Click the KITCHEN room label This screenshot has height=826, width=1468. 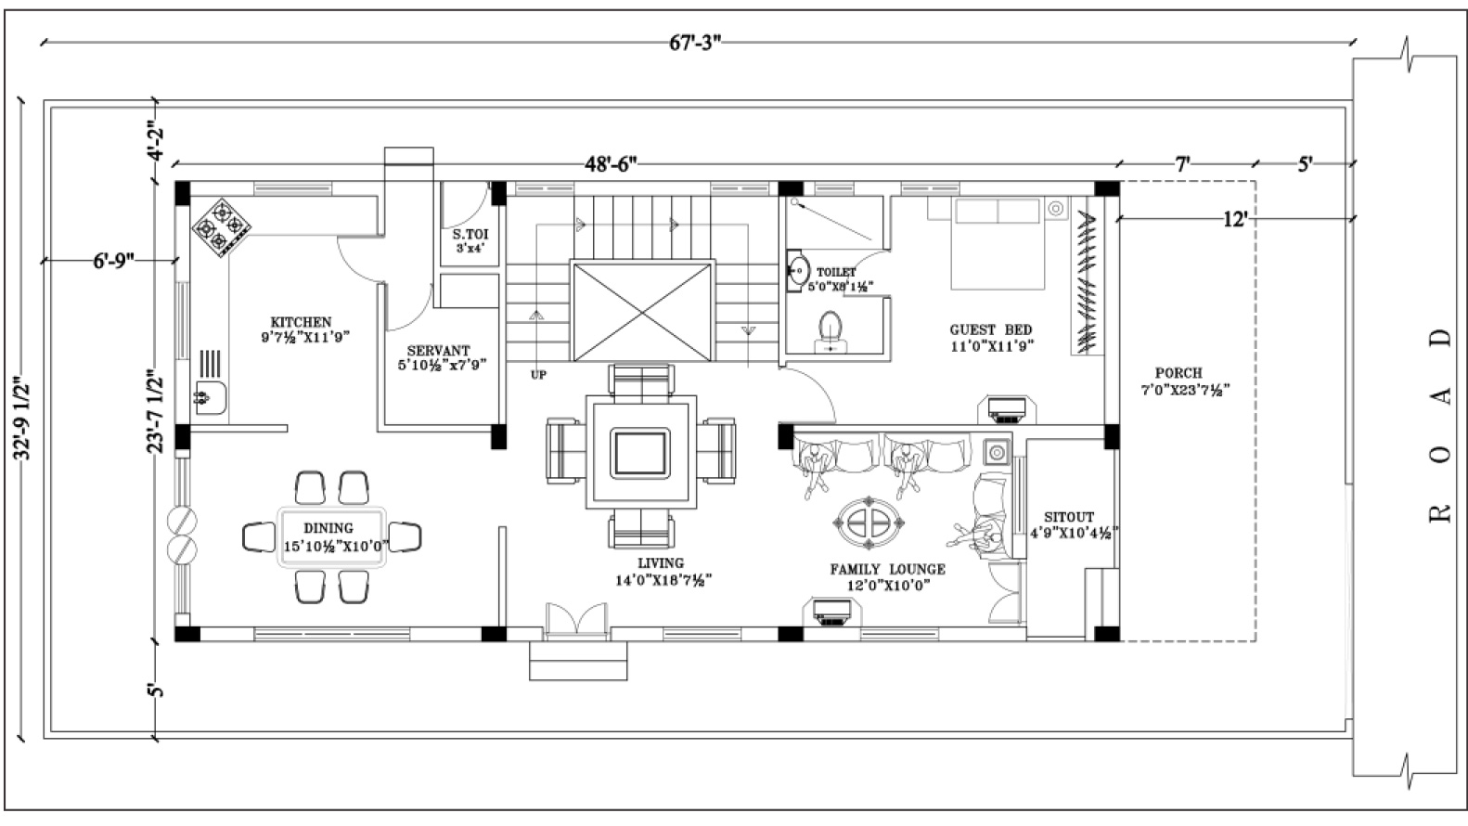coord(301,322)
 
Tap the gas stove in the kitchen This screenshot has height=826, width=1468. coord(222,227)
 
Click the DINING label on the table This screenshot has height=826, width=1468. coord(328,528)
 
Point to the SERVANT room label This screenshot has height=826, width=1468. coord(438,351)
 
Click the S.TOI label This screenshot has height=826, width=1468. coord(470,234)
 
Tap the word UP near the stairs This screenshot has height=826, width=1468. coord(538,375)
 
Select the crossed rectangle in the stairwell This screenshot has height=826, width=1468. coord(641,312)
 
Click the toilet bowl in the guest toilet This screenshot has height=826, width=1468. coord(831,331)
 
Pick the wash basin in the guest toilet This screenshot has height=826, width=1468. coord(797,269)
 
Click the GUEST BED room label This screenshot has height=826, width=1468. coord(991,329)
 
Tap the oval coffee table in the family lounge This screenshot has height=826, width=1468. coord(869,523)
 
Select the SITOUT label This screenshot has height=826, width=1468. coord(1070,517)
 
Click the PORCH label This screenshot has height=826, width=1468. coord(1179,373)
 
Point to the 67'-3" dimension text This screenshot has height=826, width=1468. coord(695,44)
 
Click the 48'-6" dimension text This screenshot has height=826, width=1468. coord(611,164)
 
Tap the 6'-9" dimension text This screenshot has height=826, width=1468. coord(113,261)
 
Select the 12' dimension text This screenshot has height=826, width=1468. coord(1235,219)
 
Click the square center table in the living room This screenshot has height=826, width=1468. coord(641,452)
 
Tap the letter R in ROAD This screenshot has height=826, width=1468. coord(1440,512)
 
